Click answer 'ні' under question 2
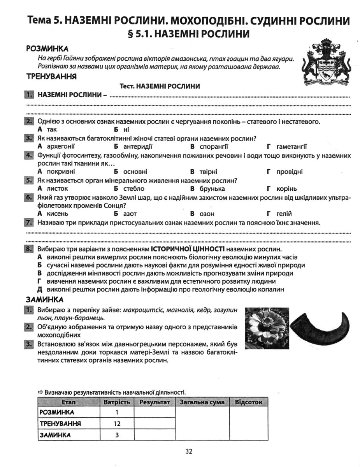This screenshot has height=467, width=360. (x=126, y=130)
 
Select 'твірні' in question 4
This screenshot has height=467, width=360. (x=209, y=172)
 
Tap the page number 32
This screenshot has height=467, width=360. (x=189, y=451)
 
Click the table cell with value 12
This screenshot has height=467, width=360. (x=117, y=423)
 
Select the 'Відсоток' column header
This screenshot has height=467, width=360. (x=249, y=402)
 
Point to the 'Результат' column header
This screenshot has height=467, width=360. (x=155, y=402)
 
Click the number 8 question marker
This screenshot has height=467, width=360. (x=29, y=249)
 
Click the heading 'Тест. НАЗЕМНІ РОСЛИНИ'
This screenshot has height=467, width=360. (x=160, y=86)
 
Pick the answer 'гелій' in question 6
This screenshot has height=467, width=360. (x=284, y=214)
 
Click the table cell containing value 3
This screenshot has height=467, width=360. (x=117, y=435)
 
